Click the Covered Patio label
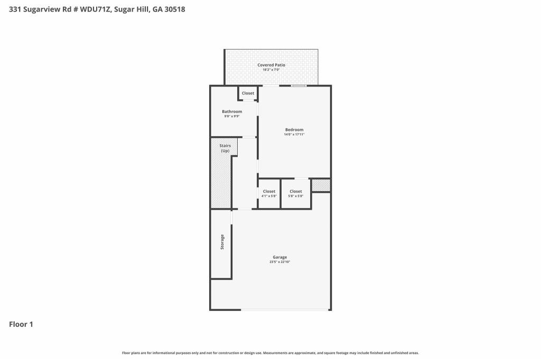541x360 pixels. tap(271, 65)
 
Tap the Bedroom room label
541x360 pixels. tap(294, 130)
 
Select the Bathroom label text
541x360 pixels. tap(232, 111)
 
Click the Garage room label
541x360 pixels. tap(280, 257)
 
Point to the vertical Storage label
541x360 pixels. tap(222, 242)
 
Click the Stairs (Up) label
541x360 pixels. tap(225, 148)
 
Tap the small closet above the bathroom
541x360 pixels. tap(248, 93)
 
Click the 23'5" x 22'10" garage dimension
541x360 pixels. tap(280, 262)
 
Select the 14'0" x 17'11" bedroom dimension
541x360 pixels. tap(294, 135)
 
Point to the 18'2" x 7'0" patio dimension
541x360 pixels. tap(271, 70)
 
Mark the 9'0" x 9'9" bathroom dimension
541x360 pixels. tap(232, 116)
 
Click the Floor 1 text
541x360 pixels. tap(21, 324)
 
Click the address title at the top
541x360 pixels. tap(97, 10)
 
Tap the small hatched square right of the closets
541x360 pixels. tap(321, 185)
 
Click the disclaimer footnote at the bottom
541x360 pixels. tap(270, 353)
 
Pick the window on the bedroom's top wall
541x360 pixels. tap(299, 86)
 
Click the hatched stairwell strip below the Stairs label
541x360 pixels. tap(221, 182)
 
